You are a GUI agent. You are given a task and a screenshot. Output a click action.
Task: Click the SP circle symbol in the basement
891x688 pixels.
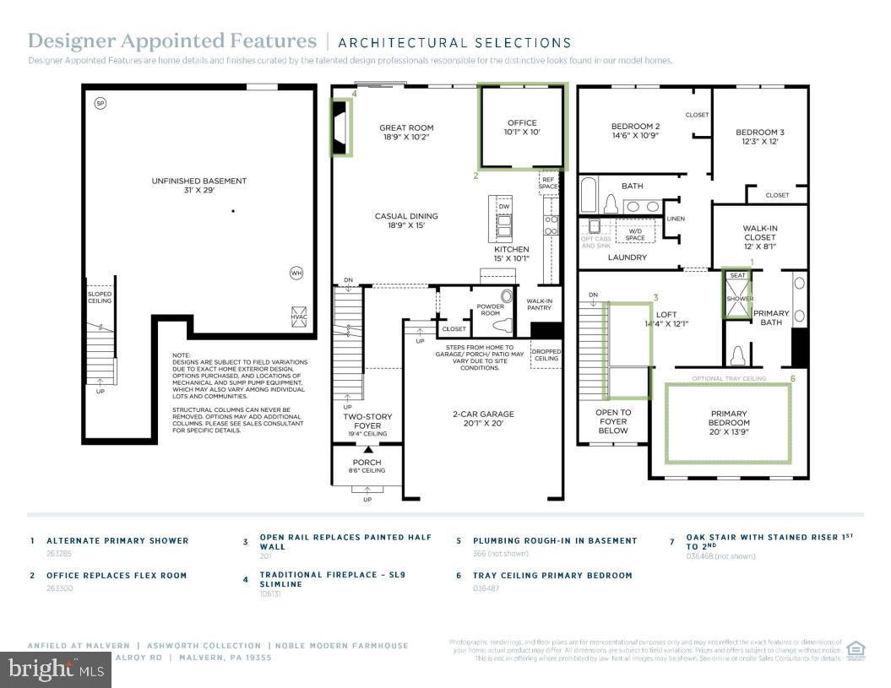coord(101,103)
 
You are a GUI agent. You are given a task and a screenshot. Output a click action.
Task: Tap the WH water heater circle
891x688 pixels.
coord(296,273)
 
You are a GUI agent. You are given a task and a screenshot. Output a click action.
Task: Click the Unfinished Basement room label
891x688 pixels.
coord(199,185)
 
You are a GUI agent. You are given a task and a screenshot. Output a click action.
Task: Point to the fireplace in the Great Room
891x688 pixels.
coord(341,127)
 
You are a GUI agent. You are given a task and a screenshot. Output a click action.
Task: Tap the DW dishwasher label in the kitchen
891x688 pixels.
coord(504,206)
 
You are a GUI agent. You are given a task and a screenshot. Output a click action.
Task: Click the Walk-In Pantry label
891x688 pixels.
coord(539,305)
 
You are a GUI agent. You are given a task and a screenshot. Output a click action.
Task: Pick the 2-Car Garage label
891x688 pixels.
coord(484,419)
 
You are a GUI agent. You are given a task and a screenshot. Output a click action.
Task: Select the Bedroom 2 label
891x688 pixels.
coord(634,131)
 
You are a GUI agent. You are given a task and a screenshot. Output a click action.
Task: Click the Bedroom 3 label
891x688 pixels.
coord(759,137)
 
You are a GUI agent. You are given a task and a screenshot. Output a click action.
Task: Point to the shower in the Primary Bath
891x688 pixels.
coord(737,299)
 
